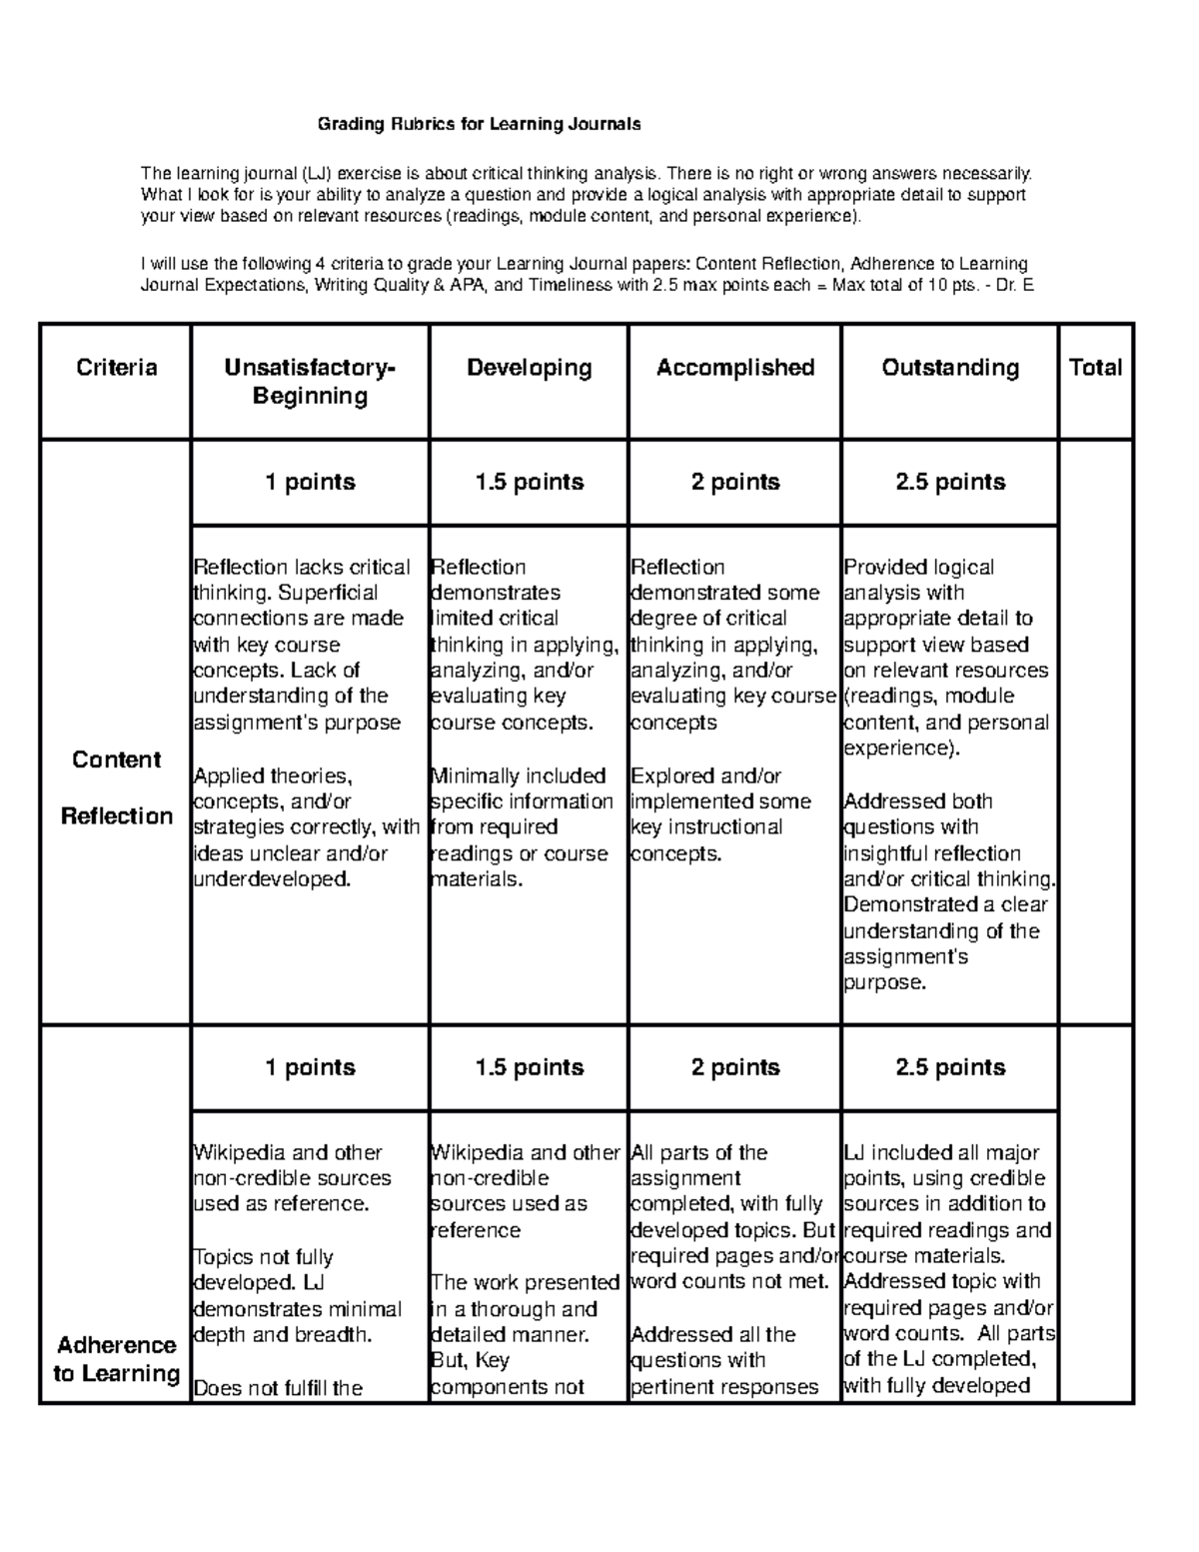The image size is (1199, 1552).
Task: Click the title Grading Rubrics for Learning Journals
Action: click(x=479, y=125)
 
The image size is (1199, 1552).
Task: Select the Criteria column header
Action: click(x=117, y=368)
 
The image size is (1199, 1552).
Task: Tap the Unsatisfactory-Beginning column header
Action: click(x=310, y=382)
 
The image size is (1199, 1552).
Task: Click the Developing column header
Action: click(x=529, y=368)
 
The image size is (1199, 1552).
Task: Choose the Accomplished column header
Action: click(x=735, y=368)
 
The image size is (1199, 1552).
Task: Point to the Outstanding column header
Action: click(x=950, y=368)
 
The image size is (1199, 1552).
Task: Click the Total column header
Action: click(x=1095, y=368)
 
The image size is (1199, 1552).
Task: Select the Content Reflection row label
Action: click(x=117, y=787)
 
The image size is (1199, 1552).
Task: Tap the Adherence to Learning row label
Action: click(x=117, y=1359)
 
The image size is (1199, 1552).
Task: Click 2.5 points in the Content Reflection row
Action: click(x=950, y=482)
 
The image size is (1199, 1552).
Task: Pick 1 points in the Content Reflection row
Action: click(x=310, y=482)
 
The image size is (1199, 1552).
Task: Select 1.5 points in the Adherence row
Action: click(x=529, y=1067)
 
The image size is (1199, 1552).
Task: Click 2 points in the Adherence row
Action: click(x=735, y=1067)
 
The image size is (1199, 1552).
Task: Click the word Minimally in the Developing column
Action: click(x=474, y=776)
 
